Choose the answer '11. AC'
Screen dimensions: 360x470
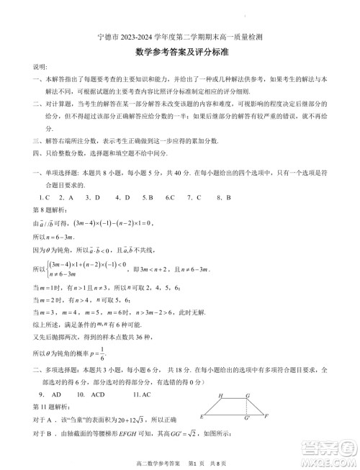pos(142,395)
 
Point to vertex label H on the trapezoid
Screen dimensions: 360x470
pos(220,396)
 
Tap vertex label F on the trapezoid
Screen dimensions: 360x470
pos(266,416)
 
